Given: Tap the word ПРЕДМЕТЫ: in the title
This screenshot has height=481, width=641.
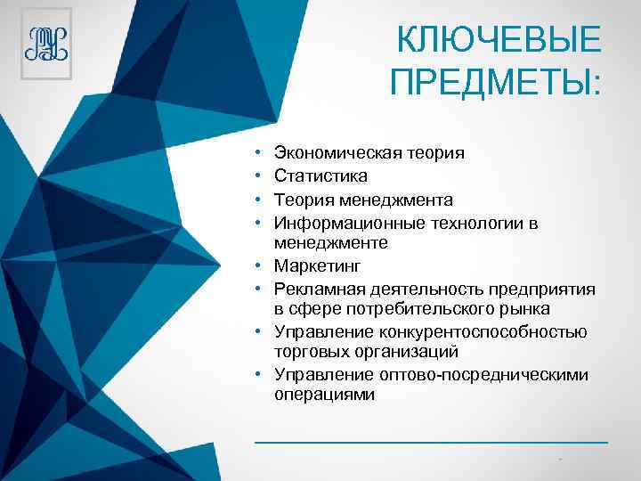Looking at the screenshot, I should (x=496, y=83).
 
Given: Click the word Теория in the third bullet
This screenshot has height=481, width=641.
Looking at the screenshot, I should (x=304, y=200).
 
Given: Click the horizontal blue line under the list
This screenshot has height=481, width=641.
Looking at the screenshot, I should (x=431, y=441).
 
